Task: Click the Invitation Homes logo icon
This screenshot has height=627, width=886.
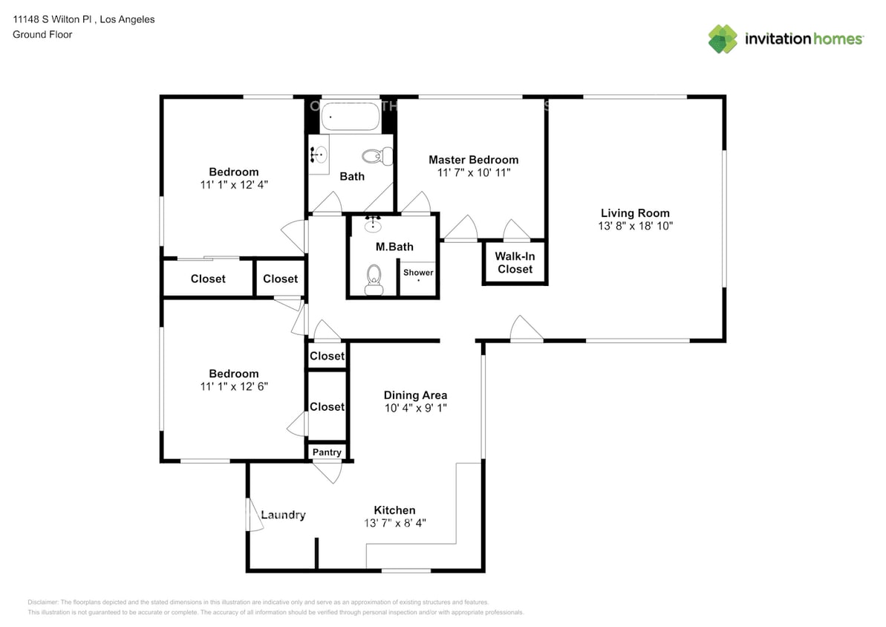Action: point(722,39)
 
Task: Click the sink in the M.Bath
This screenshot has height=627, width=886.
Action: point(373,225)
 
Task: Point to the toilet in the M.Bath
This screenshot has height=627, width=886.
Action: point(373,280)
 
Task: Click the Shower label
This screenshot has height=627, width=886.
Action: point(418,273)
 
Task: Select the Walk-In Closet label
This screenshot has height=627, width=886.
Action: point(515,262)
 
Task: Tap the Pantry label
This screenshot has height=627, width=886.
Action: point(327,452)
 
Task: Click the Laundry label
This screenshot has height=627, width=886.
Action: point(283,515)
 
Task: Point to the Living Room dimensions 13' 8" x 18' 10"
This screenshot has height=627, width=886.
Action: point(635,226)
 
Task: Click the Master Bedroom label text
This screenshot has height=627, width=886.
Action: point(473,159)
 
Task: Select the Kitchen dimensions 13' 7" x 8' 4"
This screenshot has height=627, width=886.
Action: point(394,523)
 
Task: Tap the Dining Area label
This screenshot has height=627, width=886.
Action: point(415,395)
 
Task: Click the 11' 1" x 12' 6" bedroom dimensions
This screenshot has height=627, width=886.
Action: point(233,386)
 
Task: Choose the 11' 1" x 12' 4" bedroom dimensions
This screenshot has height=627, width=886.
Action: point(233,184)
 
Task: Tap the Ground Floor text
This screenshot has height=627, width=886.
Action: point(42,34)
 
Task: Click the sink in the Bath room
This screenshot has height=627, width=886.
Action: point(320,155)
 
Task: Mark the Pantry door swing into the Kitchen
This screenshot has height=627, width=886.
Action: point(327,472)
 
